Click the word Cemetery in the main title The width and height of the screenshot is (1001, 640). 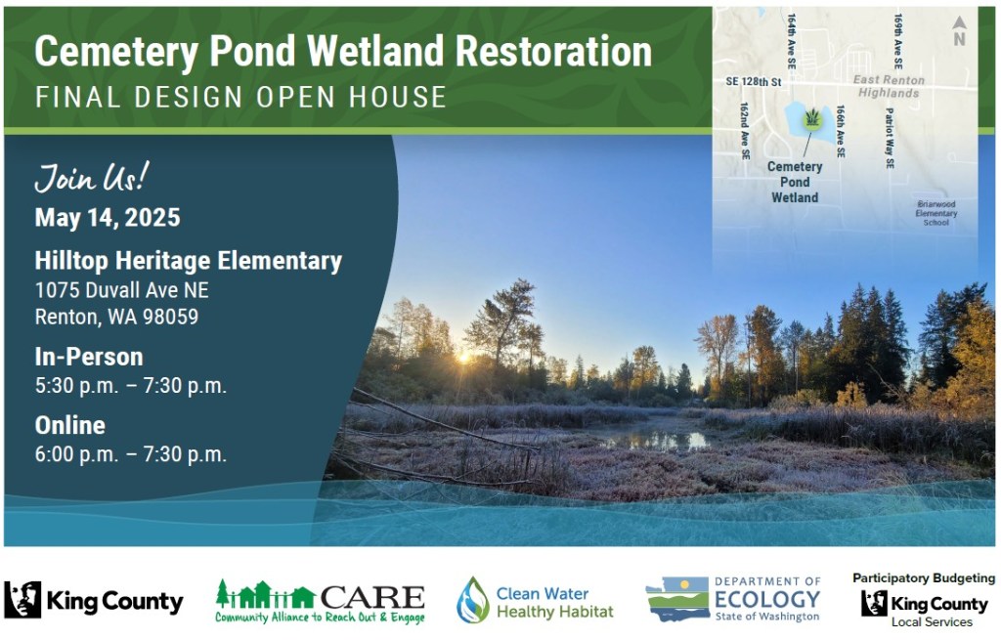tap(116, 52)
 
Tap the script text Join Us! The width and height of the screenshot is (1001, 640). tap(92, 178)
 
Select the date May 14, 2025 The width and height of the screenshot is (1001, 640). tap(108, 218)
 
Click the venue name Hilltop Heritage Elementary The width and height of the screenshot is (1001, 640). tap(189, 261)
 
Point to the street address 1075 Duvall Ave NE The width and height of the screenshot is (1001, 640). tap(121, 290)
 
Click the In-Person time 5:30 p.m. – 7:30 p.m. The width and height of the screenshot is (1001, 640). tap(130, 385)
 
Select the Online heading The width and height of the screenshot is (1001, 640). tap(70, 425)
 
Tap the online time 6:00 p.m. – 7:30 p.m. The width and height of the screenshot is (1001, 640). tap(130, 454)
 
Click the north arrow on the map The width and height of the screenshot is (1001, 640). tap(959, 31)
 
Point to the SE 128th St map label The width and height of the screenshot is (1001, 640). tap(754, 82)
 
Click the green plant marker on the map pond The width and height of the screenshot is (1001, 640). tap(812, 118)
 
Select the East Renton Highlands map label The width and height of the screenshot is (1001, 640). tap(889, 86)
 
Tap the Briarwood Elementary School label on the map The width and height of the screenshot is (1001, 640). tap(936, 213)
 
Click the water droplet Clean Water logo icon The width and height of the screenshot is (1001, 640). tap(473, 601)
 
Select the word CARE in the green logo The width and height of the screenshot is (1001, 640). tap(372, 598)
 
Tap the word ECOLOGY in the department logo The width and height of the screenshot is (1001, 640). tap(767, 599)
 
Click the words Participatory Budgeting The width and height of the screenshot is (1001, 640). tap(924, 578)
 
